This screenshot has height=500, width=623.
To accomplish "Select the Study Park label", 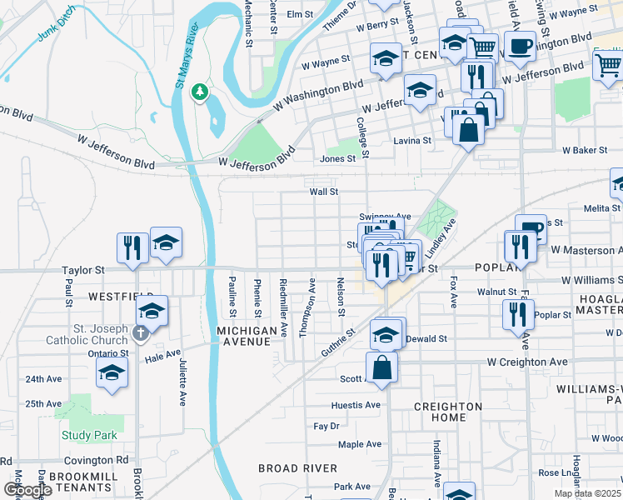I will tap(89, 435).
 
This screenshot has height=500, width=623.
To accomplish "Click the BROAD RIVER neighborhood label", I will tap(297, 468).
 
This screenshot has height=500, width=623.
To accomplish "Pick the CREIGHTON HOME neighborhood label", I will tap(448, 412).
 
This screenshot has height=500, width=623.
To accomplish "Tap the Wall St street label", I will tap(323, 192).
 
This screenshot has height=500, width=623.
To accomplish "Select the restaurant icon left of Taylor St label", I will tap(132, 247).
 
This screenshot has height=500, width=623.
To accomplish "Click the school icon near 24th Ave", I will tap(111, 374).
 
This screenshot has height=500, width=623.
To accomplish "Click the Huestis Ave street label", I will tap(356, 405).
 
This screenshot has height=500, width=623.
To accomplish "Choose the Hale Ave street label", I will tap(162, 354).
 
